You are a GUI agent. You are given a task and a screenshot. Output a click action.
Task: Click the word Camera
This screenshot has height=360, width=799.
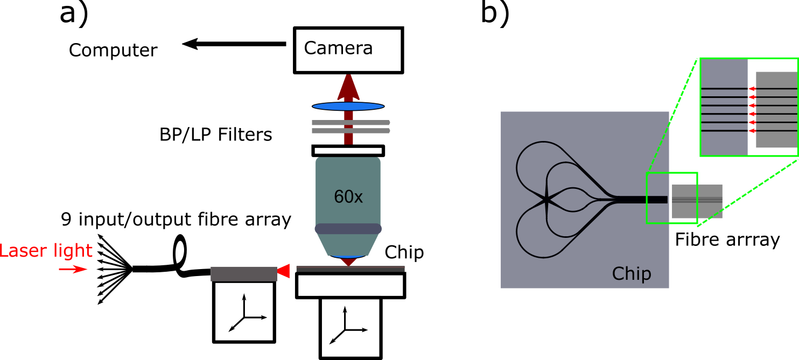[338, 48]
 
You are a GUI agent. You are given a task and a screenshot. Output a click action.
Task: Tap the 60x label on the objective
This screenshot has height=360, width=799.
[348, 197]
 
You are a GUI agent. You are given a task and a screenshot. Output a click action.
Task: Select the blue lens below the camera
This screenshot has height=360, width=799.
[348, 106]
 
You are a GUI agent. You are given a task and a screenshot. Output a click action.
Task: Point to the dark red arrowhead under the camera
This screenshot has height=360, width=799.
[348, 86]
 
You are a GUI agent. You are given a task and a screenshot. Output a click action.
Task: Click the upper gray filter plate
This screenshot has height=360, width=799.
[351, 123]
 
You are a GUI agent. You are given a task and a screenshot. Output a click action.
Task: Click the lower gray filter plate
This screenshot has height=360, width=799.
[351, 131]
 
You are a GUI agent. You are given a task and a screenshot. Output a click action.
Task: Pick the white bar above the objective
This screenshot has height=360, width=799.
[348, 151]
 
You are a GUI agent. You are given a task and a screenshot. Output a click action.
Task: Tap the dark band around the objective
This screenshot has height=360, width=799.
[348, 229]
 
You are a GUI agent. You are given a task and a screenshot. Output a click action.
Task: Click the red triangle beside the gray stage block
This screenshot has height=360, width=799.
[284, 271]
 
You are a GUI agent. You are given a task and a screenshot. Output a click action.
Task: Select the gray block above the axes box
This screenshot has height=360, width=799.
[244, 274]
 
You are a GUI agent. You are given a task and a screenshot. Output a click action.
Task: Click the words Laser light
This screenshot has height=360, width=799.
[46, 251]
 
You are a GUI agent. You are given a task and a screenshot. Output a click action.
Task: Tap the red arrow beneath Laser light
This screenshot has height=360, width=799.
[73, 269]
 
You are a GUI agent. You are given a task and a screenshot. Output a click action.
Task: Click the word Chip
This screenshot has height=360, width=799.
[631, 274]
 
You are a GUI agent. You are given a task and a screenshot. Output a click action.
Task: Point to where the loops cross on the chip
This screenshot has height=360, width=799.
[547, 200]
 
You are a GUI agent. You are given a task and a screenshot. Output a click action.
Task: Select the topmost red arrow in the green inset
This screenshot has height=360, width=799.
[753, 89]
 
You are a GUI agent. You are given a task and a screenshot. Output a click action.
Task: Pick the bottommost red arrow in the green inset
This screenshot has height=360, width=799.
[753, 131]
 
